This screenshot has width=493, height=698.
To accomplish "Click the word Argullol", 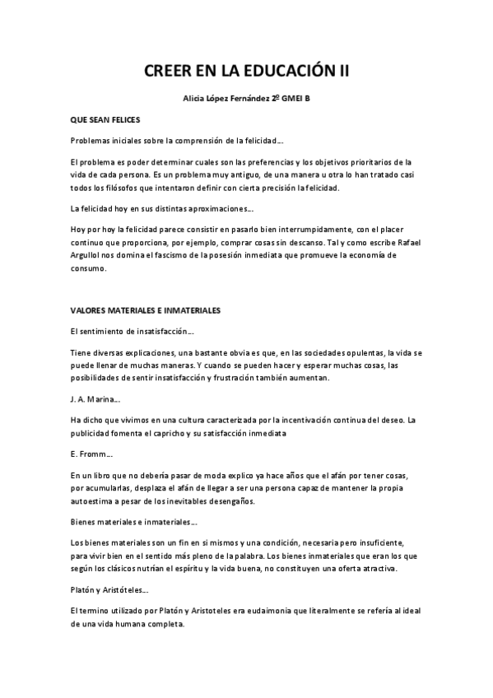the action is (87, 255).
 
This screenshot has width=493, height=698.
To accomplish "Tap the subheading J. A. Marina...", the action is (93, 399).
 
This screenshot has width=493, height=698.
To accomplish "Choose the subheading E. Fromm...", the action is (90, 454).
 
